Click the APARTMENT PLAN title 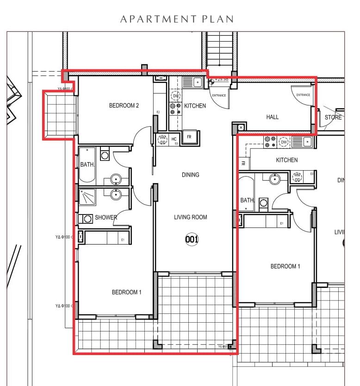(x=177, y=19)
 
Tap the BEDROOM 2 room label (x=124, y=105)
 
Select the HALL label (x=273, y=117)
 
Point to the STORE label (x=333, y=117)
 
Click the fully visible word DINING (x=191, y=175)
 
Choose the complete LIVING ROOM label (x=191, y=217)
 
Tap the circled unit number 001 (x=192, y=239)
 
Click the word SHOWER (x=106, y=217)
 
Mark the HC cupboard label (x=174, y=139)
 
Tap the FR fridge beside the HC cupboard (x=189, y=137)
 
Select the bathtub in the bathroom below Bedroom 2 (x=87, y=165)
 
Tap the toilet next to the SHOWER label (x=87, y=219)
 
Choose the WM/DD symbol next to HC (x=163, y=140)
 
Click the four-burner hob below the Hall (x=269, y=141)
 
